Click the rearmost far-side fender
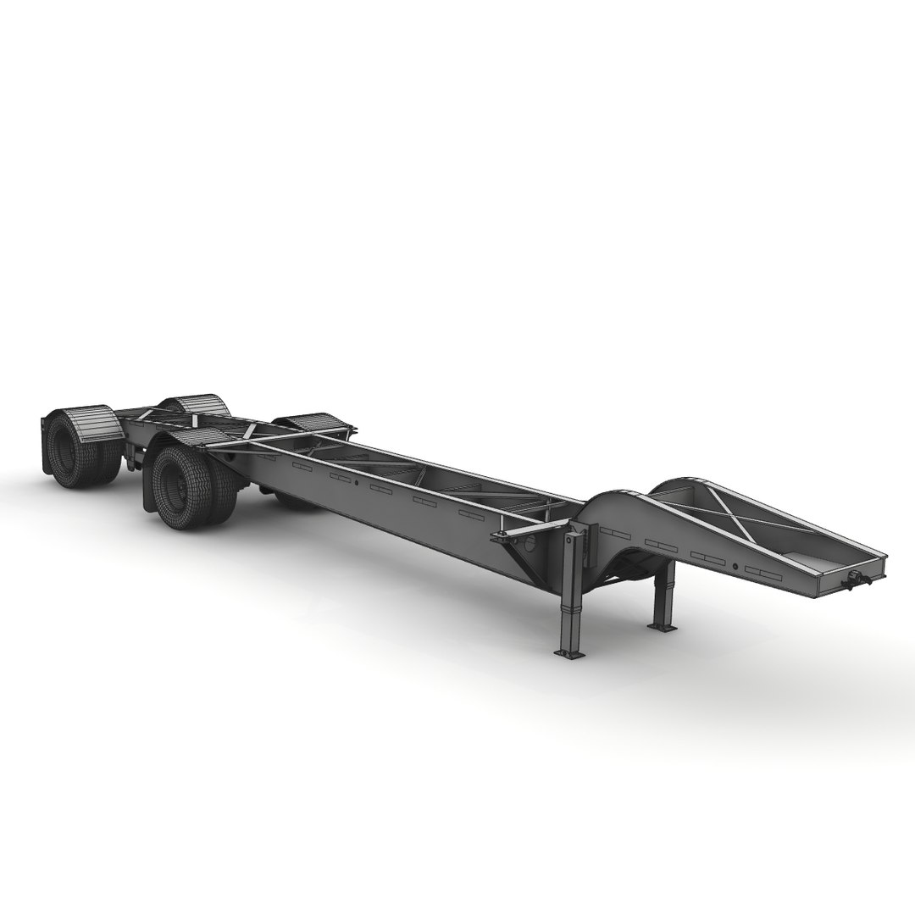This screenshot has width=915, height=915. pos(190,402)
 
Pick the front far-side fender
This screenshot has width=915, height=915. pos(307,421)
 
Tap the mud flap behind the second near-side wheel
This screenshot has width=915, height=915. pos(150,487)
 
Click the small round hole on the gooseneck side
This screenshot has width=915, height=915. pos(735,565)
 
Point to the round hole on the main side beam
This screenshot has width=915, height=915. pos(357,484)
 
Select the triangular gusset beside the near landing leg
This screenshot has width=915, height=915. pos(518,555)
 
